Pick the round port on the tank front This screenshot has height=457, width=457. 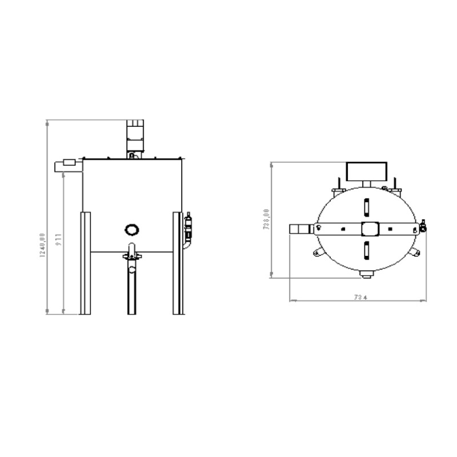(132, 228)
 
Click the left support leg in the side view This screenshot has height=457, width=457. (85, 263)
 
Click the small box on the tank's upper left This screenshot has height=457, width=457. (67, 165)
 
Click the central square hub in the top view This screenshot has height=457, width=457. (368, 228)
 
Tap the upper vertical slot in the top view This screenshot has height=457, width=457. (366, 205)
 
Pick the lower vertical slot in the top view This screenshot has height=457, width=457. (366, 250)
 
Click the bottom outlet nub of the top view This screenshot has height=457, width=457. (366, 275)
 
